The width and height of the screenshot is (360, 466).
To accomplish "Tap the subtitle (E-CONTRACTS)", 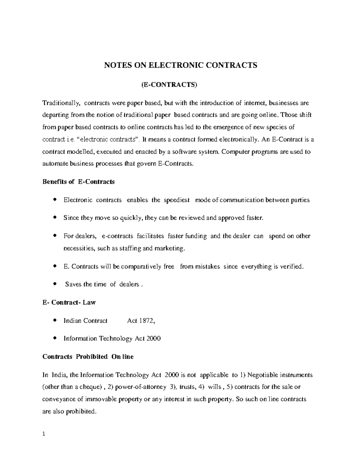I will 169,85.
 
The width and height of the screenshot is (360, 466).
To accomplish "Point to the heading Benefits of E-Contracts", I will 79,182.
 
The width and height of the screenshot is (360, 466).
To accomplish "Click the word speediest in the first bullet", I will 177,200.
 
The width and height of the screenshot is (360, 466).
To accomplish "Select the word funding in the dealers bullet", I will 196,236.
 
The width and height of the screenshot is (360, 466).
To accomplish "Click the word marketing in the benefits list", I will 170,248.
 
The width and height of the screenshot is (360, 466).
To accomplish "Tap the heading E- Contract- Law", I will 69,302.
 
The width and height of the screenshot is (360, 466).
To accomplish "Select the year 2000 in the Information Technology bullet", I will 153,339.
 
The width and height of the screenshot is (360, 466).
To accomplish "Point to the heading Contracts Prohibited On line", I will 88,357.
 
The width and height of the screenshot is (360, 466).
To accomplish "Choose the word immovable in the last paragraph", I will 100,399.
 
